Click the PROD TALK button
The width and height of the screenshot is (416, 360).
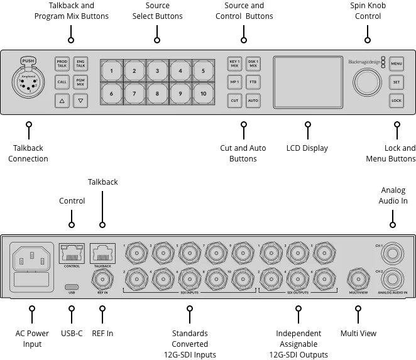(62, 63)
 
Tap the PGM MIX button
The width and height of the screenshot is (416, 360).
(80, 82)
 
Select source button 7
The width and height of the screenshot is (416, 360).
(134, 95)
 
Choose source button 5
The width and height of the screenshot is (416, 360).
(203, 72)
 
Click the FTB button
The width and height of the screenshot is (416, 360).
(253, 82)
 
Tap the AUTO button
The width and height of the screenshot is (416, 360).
(253, 100)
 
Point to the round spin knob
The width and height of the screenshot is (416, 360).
(366, 82)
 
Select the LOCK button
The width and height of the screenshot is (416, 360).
(396, 100)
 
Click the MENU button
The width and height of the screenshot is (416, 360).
(396, 63)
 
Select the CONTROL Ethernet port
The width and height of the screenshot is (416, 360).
(71, 253)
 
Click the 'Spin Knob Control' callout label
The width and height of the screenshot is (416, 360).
(368, 11)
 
